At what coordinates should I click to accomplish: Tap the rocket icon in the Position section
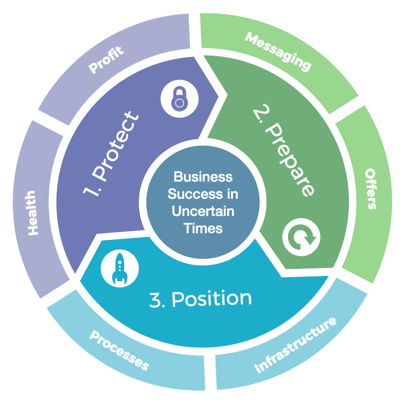point(120,268)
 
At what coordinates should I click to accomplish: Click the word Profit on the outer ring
point(106,60)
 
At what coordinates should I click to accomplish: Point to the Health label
point(32,213)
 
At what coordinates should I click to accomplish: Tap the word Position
point(211,299)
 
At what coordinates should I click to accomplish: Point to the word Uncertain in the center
point(203,211)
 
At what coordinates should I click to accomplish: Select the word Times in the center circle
point(203,228)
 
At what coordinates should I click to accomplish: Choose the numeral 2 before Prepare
point(261,112)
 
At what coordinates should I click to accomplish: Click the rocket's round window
point(120,264)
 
